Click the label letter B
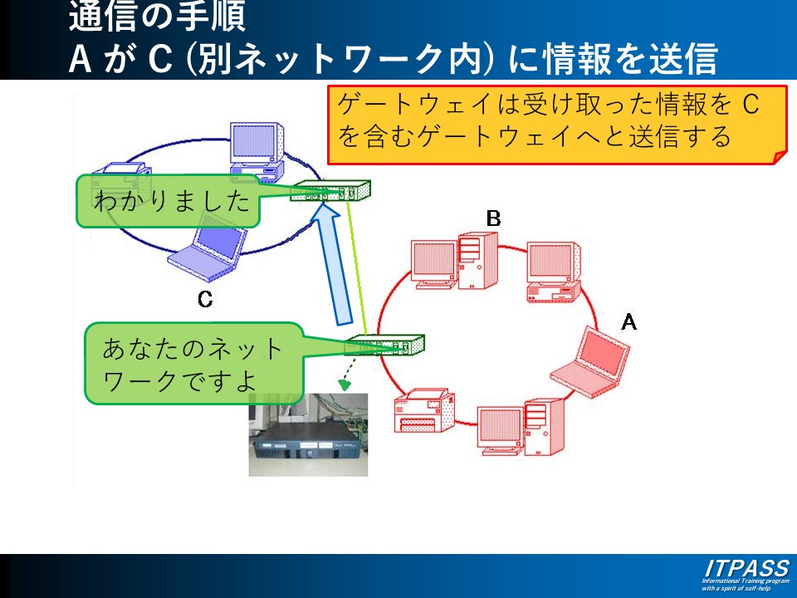coord(493,218)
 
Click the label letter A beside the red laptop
coord(628,321)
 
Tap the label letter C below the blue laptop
coord(205,300)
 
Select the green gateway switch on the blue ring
coord(330,192)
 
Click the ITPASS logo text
coord(746,568)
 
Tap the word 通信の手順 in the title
coord(157,17)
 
